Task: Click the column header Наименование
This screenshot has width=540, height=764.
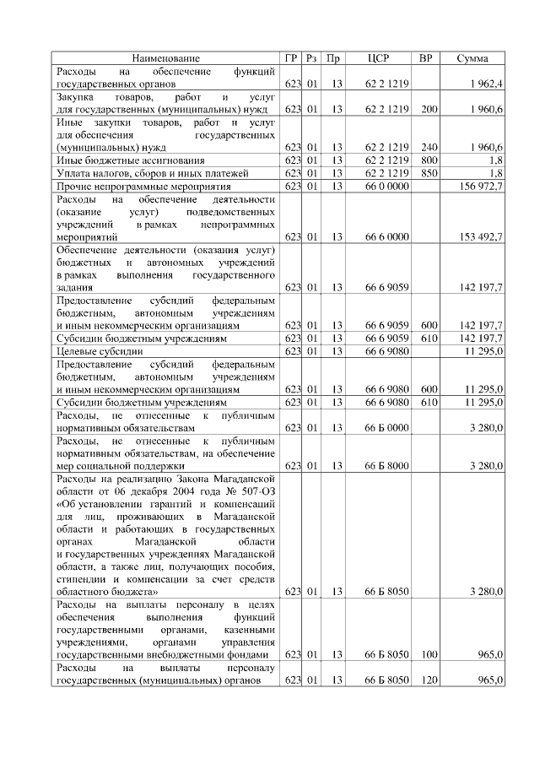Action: click(x=166, y=58)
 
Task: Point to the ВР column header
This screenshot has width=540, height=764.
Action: click(x=428, y=58)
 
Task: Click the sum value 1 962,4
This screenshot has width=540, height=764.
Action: click(x=486, y=84)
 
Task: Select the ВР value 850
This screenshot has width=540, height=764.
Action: click(x=429, y=173)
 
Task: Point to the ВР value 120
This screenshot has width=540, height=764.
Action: click(x=429, y=680)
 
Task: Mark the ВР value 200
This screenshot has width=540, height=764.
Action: click(x=429, y=111)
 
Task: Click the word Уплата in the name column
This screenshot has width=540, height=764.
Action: click(x=74, y=173)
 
